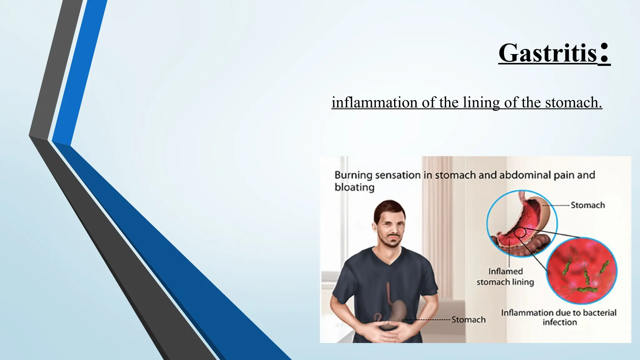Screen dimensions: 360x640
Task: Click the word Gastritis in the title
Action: pyautogui.click(x=547, y=53)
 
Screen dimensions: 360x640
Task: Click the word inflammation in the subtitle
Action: pyautogui.click(x=375, y=102)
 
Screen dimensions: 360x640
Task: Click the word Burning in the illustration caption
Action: pyautogui.click(x=353, y=175)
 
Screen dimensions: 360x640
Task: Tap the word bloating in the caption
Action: pyautogui.click(x=354, y=187)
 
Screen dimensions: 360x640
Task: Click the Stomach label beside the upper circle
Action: pyautogui.click(x=587, y=205)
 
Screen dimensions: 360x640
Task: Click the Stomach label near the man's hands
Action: pyautogui.click(x=468, y=320)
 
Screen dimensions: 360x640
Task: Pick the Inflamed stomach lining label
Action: pyautogui.click(x=505, y=277)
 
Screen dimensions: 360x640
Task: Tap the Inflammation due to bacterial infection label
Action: pyautogui.click(x=559, y=317)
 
